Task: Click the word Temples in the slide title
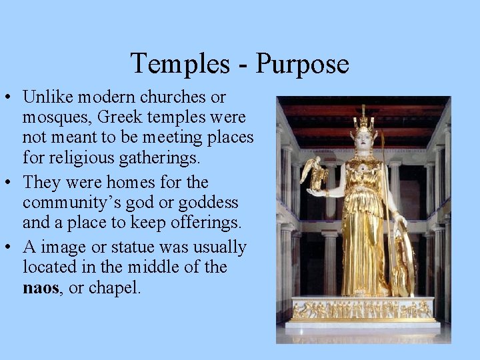(x=177, y=64)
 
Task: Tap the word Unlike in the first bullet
(x=48, y=97)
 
